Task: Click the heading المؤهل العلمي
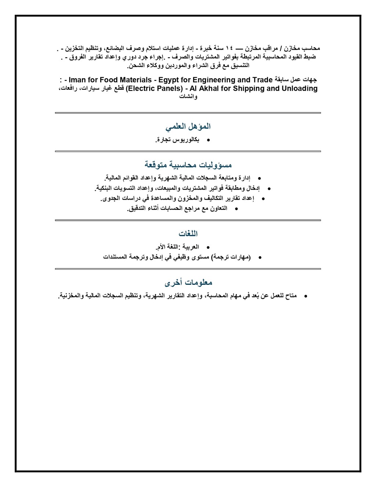click(x=188, y=127)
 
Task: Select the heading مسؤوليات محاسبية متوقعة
click(x=188, y=165)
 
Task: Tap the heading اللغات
click(x=188, y=234)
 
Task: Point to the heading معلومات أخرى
click(x=188, y=283)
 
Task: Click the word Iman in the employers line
click(x=77, y=80)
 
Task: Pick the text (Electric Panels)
click(x=154, y=89)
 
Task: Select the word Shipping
click(x=249, y=89)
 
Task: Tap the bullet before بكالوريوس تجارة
click(x=208, y=140)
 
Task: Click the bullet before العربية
click(x=208, y=248)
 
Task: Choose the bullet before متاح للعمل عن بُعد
click(x=305, y=296)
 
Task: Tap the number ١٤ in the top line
click(x=229, y=48)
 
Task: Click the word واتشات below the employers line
click(x=188, y=97)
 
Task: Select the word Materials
click(x=135, y=80)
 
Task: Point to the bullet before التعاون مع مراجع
click(x=236, y=209)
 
